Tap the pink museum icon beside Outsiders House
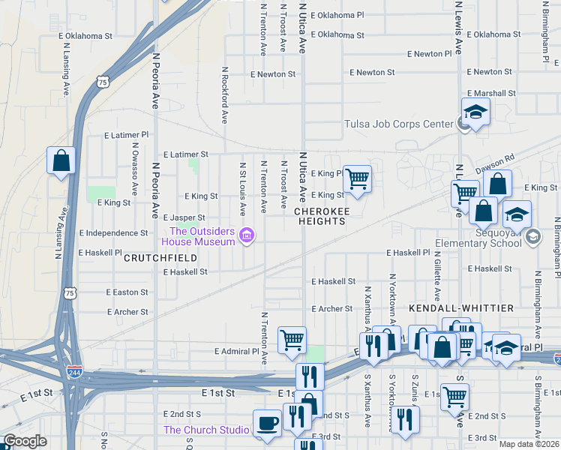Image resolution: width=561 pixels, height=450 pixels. (x=246, y=237)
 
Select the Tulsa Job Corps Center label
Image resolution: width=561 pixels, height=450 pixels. (x=398, y=124)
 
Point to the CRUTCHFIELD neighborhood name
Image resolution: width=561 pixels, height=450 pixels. (x=160, y=257)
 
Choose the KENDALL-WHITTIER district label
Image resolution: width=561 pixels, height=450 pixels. (x=461, y=308)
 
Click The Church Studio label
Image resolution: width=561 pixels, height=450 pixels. (x=206, y=430)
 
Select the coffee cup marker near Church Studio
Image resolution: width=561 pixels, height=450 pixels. (x=268, y=424)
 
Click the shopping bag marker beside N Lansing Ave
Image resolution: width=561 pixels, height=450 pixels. (x=61, y=160)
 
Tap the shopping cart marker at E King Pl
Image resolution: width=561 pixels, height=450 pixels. (x=358, y=179)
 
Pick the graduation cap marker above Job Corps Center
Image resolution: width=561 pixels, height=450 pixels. (x=475, y=112)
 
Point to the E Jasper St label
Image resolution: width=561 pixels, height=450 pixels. (x=184, y=217)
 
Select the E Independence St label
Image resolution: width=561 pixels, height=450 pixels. (x=113, y=233)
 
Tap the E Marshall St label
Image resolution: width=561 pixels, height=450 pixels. (x=491, y=93)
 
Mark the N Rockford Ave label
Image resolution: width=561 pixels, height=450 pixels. (x=224, y=94)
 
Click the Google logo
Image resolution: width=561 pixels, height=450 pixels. (x=25, y=441)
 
